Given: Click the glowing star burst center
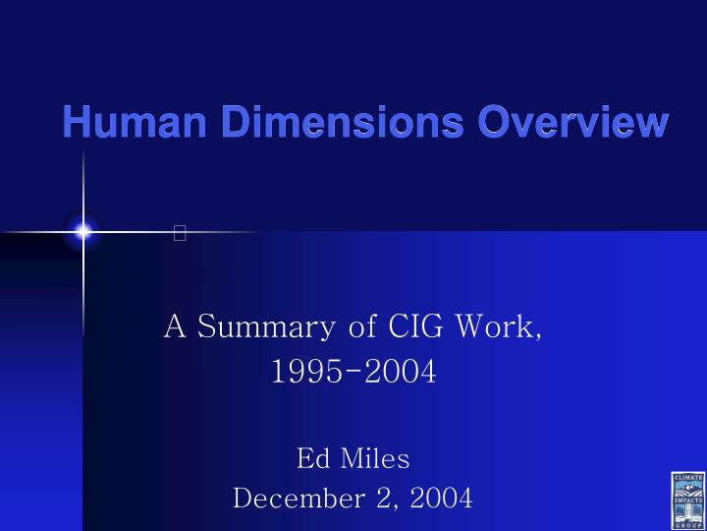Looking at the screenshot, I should pyautogui.click(x=83, y=232).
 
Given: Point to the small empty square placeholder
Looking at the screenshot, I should pyautogui.click(x=179, y=233).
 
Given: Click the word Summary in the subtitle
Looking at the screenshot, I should pyautogui.click(x=262, y=326).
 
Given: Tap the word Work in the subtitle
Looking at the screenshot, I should pyautogui.click(x=500, y=325).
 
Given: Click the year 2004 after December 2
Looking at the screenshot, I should pyautogui.click(x=442, y=498).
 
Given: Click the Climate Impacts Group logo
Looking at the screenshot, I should pyautogui.click(x=687, y=500).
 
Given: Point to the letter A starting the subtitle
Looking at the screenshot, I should pyautogui.click(x=175, y=325).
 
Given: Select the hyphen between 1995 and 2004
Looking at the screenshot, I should pyautogui.click(x=353, y=374).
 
